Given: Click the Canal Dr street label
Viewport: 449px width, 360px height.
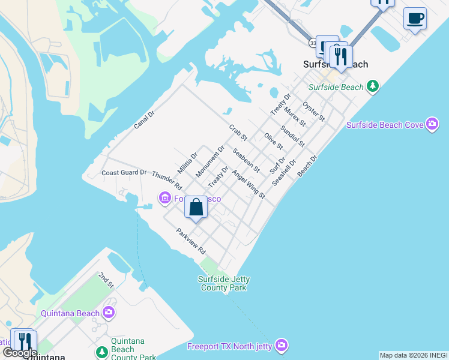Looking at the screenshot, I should pos(144,119).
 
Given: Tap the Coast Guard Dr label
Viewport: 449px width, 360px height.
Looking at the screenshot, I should pos(124,173).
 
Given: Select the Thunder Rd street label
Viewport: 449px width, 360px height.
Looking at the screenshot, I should pos(166,181).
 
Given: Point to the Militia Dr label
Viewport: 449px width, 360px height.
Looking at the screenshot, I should pos(187,162).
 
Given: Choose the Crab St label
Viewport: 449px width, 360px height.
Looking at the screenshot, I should pos(238,133).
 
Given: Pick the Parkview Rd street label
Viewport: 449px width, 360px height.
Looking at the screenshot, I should pos(190,241).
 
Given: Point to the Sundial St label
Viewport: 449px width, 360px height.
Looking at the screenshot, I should pos(292,136).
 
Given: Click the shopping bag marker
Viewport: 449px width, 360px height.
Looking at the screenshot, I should pos(196,208).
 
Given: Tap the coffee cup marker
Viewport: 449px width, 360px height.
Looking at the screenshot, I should pos(415,19).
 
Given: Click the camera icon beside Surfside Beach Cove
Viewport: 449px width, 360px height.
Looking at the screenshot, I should pos(432,124).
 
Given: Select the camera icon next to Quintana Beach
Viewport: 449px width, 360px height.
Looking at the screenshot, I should pos(109,313).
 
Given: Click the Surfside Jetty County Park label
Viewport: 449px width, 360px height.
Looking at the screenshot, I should pos(224,283).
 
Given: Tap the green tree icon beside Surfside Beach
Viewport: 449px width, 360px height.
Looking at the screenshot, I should pos(373,87).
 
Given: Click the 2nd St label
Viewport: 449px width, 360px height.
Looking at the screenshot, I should pos(106,280).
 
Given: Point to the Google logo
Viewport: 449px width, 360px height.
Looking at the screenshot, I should pos(20,352).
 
